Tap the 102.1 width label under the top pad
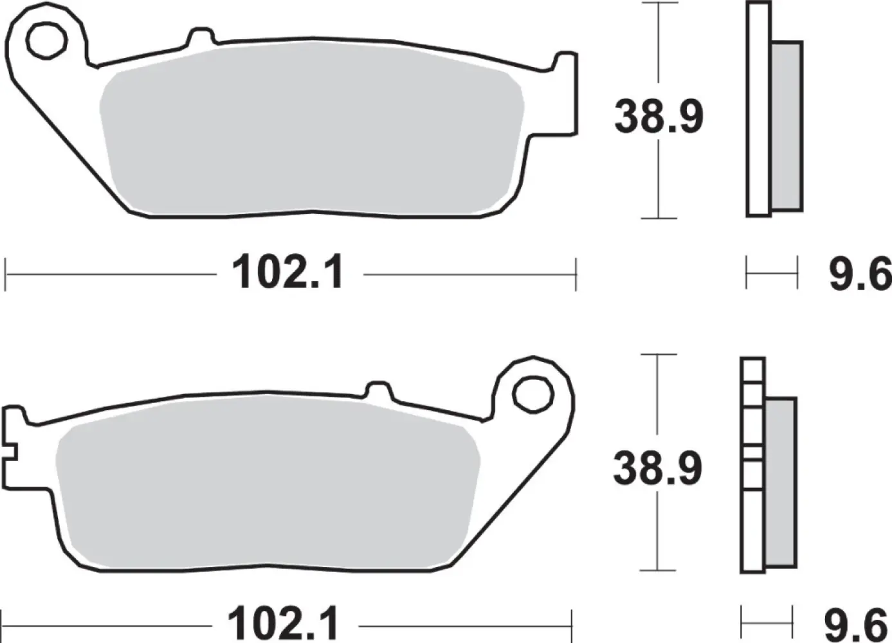[x=287, y=273]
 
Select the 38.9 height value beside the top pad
[x=659, y=116]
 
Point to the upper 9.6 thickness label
[x=859, y=274]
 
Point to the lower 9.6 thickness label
[x=855, y=624]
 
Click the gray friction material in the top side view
[x=786, y=125]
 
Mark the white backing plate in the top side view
[x=758, y=109]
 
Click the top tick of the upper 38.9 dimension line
[x=659, y=3]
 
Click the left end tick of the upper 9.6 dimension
[x=747, y=273]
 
